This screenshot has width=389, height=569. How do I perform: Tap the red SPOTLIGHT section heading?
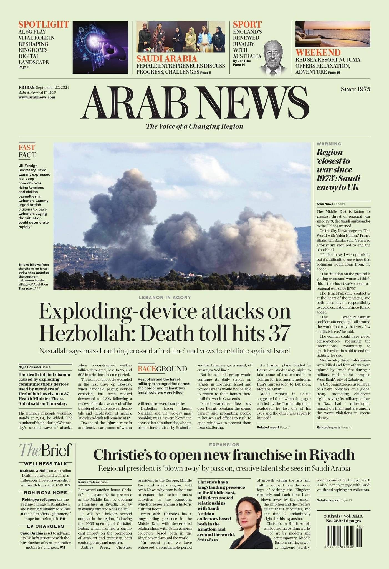point(44,24)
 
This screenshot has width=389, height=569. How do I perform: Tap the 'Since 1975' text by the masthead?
point(355,89)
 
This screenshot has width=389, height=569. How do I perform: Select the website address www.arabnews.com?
point(37,97)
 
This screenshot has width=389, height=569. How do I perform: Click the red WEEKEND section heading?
point(318,53)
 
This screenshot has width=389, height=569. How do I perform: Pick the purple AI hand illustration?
point(100,47)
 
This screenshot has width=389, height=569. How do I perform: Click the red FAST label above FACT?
point(27,147)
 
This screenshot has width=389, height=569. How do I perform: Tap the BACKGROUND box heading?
point(162,369)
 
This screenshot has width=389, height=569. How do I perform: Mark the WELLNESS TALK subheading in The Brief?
point(46,464)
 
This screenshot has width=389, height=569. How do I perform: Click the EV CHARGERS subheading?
point(46,526)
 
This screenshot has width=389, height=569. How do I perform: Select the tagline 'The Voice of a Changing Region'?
point(195,126)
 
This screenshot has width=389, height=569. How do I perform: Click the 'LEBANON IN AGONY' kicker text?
point(165,298)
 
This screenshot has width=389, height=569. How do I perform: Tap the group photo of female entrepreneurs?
point(181,37)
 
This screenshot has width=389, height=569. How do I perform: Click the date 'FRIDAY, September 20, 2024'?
point(44,88)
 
